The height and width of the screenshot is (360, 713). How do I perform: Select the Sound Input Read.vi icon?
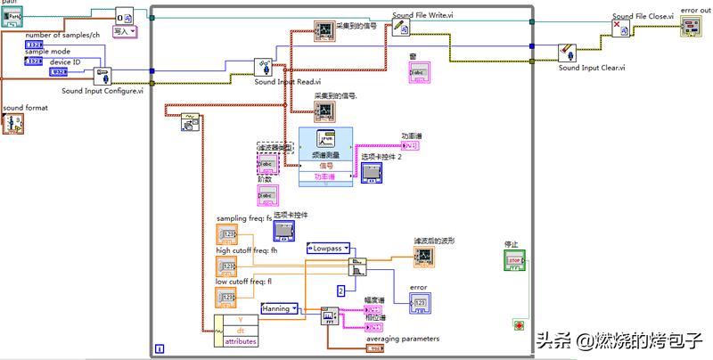(x=265, y=67)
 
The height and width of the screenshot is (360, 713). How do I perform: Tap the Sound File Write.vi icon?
(x=401, y=29)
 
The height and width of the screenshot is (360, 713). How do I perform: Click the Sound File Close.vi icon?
(x=621, y=29)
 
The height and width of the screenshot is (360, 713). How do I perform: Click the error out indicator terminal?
(x=691, y=28)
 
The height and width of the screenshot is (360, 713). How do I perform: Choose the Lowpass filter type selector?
(x=328, y=249)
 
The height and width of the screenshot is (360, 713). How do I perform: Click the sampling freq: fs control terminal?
(x=226, y=234)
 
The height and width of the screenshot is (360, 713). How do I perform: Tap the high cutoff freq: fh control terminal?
(x=226, y=266)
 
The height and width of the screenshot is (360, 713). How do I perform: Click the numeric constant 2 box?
(x=340, y=290)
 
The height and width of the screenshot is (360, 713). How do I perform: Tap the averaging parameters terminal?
(x=375, y=348)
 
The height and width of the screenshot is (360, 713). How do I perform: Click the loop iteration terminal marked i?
(x=160, y=348)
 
